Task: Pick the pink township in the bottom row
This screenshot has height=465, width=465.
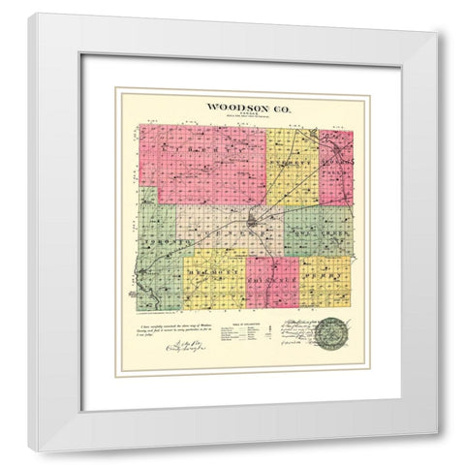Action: coord(271,282)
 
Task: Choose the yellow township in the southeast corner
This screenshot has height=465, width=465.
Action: coord(325,282)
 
